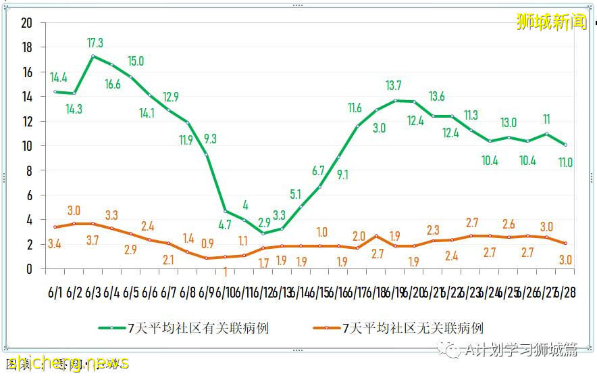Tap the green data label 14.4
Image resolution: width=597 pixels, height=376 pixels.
[59, 77]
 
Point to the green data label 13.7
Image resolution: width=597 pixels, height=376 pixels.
[393, 86]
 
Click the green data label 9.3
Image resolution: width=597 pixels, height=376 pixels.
[209, 139]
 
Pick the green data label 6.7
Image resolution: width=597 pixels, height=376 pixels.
[319, 171]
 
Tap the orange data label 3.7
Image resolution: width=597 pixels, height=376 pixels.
[93, 240]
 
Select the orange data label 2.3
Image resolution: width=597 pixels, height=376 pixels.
[433, 231]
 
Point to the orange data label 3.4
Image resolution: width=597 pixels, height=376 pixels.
[54, 243]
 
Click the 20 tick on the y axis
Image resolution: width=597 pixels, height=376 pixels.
[27, 23]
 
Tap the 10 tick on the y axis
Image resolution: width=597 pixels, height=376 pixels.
[27, 146]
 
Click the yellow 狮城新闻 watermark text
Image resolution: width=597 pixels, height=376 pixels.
[551, 22]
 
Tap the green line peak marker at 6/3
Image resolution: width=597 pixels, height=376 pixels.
[93, 56]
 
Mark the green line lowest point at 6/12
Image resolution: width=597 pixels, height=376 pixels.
[263, 233]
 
